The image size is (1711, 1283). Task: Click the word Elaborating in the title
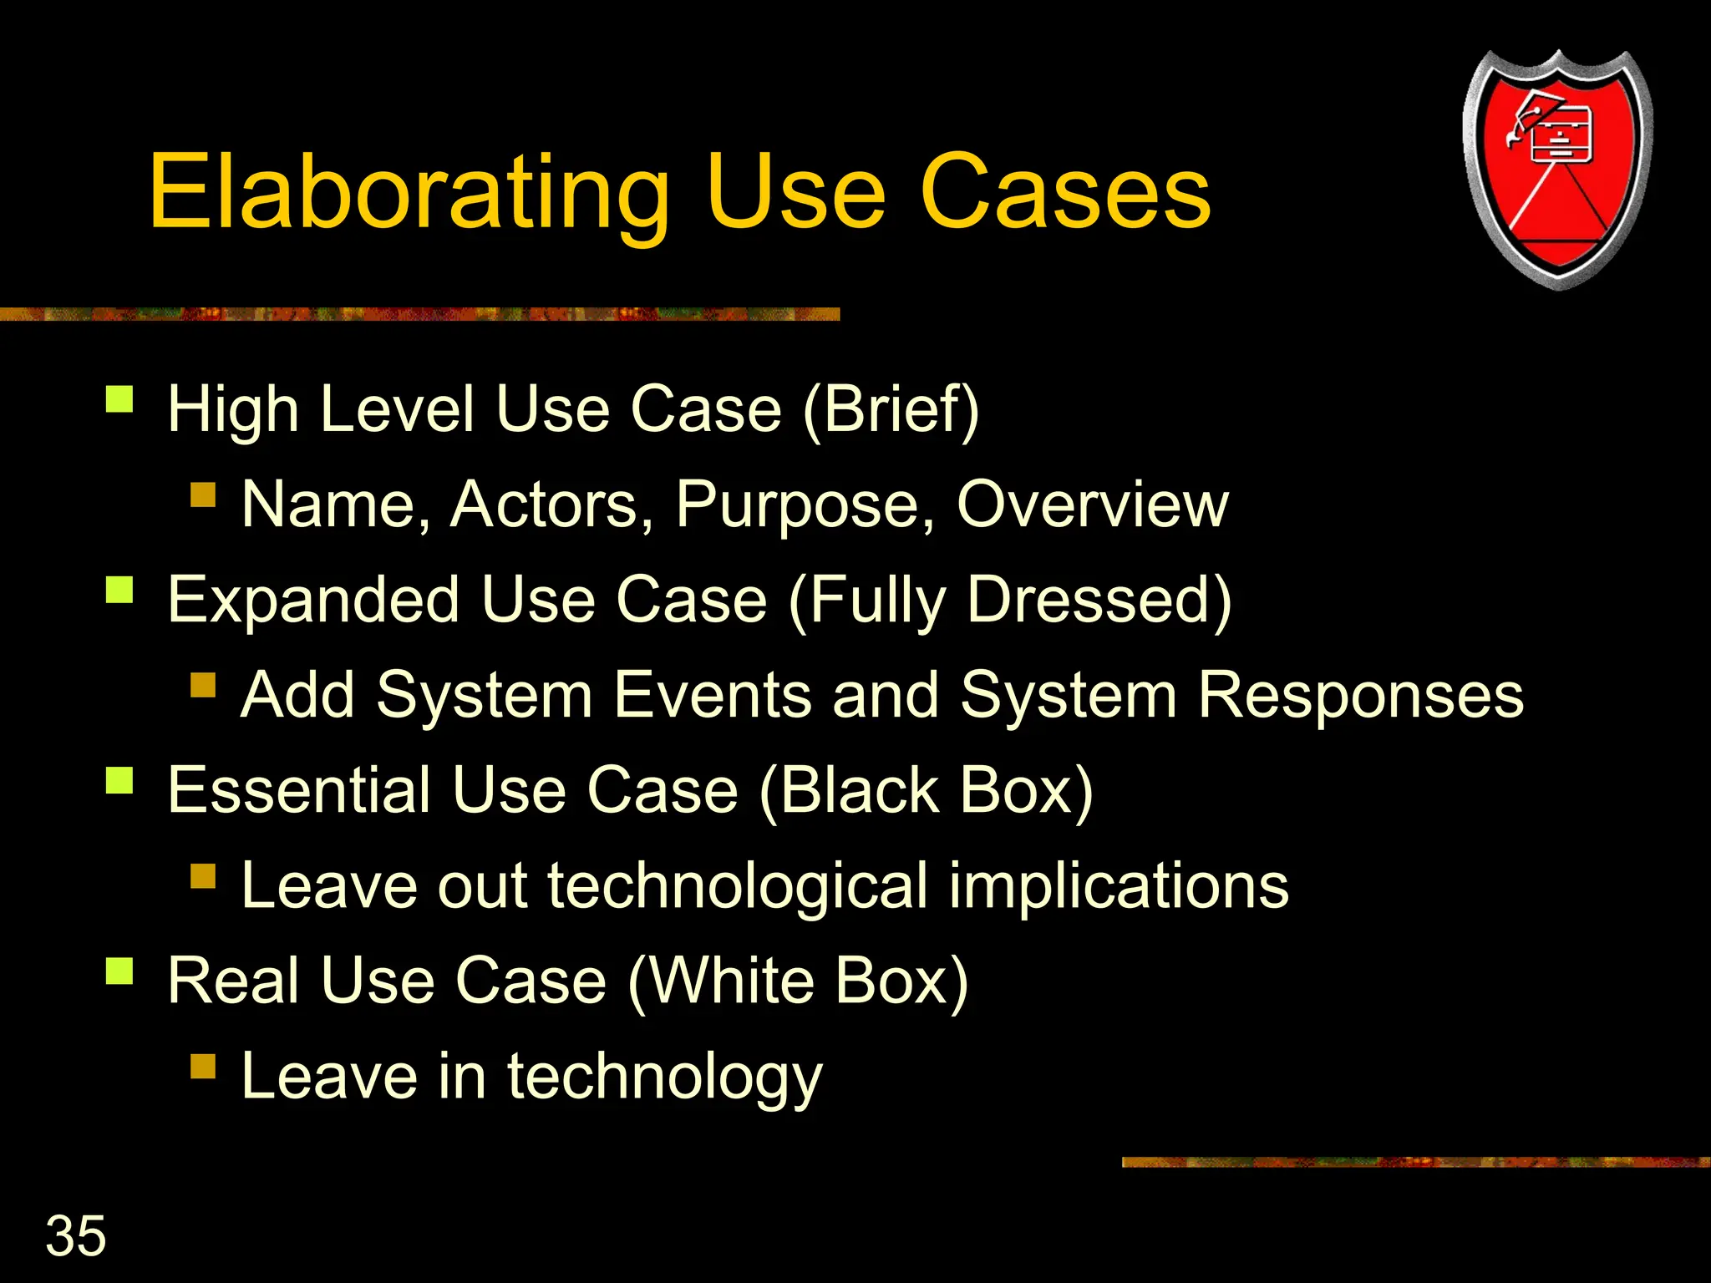tap(409, 194)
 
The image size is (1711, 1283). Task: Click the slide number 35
tap(76, 1235)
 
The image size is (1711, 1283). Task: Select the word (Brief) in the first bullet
tap(891, 409)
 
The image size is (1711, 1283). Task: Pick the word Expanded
tap(313, 600)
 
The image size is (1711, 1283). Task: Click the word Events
tap(712, 695)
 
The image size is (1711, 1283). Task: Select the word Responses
tap(1361, 695)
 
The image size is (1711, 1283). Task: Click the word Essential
tap(298, 789)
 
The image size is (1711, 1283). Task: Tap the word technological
tap(737, 885)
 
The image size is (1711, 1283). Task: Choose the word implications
tap(1119, 885)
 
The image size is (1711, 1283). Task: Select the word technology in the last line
tap(664, 1077)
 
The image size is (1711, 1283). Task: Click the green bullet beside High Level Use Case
tap(119, 399)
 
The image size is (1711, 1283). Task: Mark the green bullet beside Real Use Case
tap(119, 971)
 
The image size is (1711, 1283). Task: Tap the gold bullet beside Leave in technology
tap(203, 1067)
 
